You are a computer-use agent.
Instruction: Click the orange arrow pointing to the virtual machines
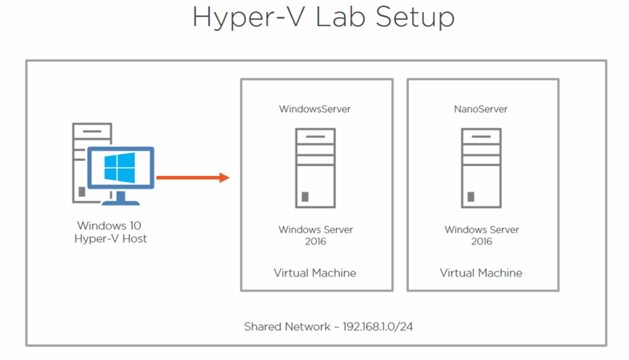coord(192,177)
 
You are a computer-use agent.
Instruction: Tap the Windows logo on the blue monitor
coord(120,168)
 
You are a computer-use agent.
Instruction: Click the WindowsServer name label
coord(314,109)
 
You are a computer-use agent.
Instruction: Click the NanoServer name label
coord(481,109)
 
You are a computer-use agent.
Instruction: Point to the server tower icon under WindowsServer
coord(314,168)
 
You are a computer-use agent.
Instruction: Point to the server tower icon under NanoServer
coord(481,168)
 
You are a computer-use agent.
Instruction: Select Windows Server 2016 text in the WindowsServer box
coord(316,236)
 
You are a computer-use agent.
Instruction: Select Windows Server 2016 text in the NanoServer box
coord(481,236)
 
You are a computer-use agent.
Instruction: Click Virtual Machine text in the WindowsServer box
coord(314,273)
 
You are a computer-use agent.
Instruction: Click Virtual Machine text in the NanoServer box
coord(481,273)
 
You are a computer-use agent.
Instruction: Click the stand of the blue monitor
coord(120,198)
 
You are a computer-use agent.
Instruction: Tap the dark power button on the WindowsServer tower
coord(305,197)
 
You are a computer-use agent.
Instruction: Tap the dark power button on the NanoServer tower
coord(471,197)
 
